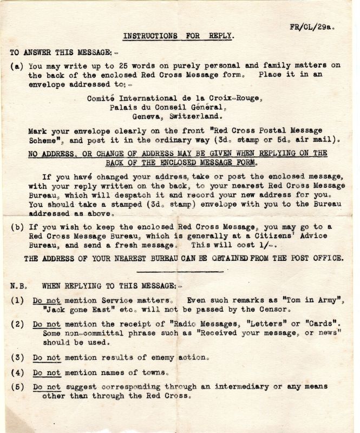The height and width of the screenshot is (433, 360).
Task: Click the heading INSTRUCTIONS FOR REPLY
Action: (x=178, y=36)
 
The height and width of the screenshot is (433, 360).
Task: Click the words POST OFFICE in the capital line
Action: (x=316, y=258)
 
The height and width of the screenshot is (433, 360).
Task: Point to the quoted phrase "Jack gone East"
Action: (x=69, y=310)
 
